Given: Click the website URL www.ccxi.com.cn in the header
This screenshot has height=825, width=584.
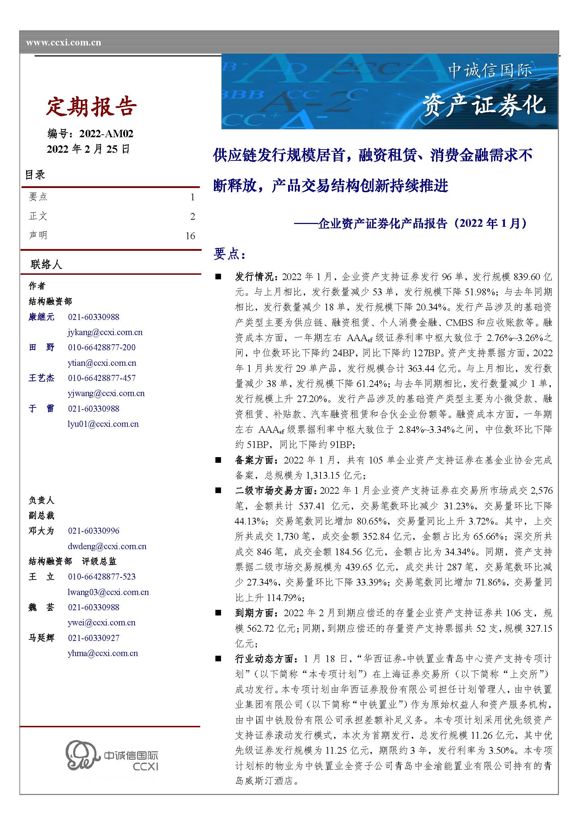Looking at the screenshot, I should pos(63,43).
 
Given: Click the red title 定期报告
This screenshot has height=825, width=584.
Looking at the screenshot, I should pos(91,107).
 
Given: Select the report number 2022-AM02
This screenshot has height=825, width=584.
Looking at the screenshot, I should pos(106,134).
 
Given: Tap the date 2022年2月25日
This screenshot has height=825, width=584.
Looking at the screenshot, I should pos(88,149).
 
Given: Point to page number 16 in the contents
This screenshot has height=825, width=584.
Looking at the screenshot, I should pos(190,236).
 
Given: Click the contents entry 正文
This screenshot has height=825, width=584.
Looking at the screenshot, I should pos(38,216).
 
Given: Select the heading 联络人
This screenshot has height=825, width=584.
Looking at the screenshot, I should pos(46,265).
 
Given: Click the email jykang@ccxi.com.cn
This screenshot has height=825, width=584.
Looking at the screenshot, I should pos(105,332).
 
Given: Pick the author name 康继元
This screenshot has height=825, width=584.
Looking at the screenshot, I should pos(41,317).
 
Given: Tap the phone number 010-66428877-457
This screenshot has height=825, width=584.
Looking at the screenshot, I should pos(102,378).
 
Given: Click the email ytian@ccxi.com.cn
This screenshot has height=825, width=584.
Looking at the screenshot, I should pos(102,363).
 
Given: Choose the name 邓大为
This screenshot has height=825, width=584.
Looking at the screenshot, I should pos(41,531).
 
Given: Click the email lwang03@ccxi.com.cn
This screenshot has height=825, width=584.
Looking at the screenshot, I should pos(108,592).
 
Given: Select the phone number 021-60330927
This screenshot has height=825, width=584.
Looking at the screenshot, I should pos(94,638).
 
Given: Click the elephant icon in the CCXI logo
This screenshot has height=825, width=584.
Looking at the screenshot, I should pos(82,755).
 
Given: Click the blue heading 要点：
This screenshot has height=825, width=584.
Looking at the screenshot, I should pos(230,254).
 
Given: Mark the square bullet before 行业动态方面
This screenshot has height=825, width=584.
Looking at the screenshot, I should pos(218,659).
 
